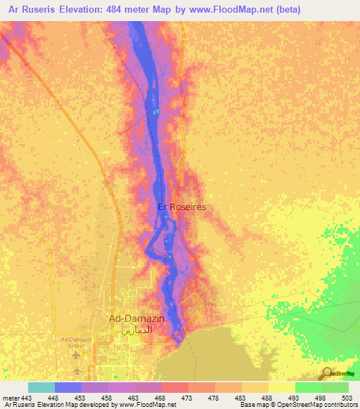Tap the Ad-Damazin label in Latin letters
tap(136, 318)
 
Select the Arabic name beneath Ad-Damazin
tap(136, 330)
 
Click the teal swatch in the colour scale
tap(41, 387)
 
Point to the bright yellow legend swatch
tap(281, 387)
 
